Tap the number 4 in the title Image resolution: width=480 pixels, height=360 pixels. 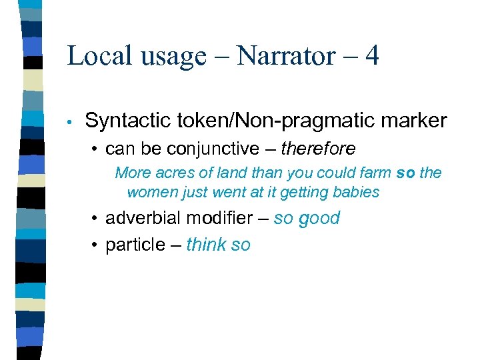click(x=372, y=55)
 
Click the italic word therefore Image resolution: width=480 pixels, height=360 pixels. click(x=318, y=148)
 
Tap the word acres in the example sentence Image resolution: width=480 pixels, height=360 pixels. click(x=174, y=173)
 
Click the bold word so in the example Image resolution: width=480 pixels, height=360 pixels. click(x=406, y=173)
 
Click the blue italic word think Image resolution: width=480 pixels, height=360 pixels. click(x=206, y=245)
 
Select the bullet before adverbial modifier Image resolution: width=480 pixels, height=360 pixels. click(x=97, y=219)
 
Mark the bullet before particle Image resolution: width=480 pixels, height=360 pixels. click(x=97, y=245)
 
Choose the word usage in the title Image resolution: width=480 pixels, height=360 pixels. click(x=170, y=57)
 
